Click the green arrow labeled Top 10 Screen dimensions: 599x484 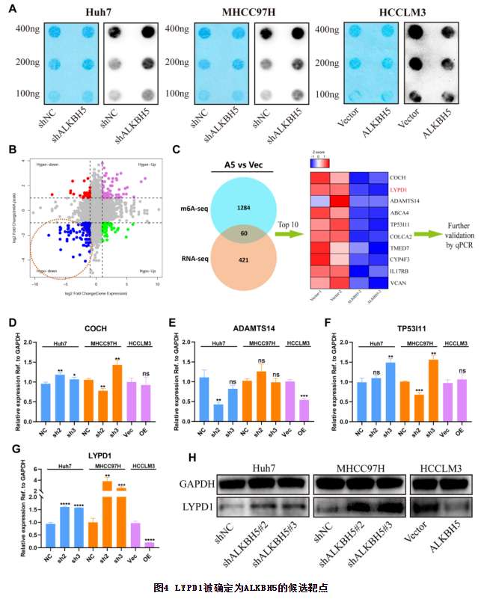click(285, 234)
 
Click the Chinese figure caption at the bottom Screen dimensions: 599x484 click(241, 588)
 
